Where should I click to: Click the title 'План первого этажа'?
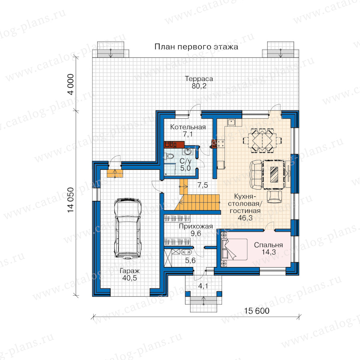(196, 47)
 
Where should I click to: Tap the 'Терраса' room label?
(199, 79)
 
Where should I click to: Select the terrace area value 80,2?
(199, 86)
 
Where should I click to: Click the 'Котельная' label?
(188, 127)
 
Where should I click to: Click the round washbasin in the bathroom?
(188, 152)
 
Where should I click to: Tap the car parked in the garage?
(128, 229)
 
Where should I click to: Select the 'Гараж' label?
(130, 271)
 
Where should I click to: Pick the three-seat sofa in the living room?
(256, 175)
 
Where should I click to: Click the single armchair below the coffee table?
(274, 196)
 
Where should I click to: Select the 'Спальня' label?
(268, 245)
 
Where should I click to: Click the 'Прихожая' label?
(196, 226)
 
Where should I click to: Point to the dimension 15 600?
(256, 311)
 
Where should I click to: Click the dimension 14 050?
(71, 200)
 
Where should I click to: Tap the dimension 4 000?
(71, 84)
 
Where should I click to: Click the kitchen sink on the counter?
(232, 122)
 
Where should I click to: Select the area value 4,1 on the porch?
(203, 286)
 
